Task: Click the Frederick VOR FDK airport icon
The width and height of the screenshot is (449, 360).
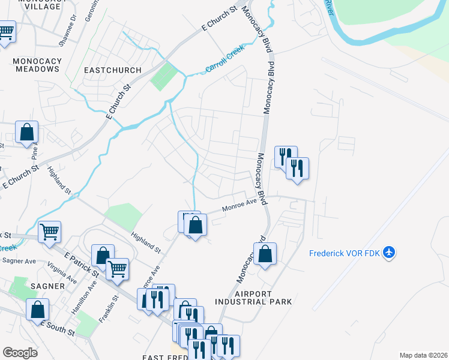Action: pyautogui.click(x=390, y=253)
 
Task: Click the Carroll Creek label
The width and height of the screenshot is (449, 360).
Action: pyautogui.click(x=225, y=61)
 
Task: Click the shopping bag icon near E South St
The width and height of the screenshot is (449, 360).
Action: pyautogui.click(x=37, y=309)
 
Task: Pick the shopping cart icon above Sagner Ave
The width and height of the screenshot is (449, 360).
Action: pyautogui.click(x=49, y=231)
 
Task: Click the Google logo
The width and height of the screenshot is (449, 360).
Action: pyautogui.click(x=20, y=353)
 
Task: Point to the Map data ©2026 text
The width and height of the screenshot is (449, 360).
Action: pyautogui.click(x=423, y=355)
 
